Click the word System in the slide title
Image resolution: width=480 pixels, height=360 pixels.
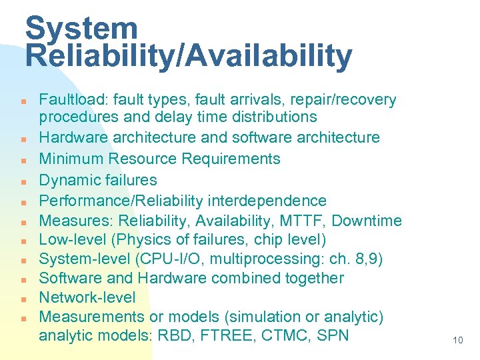click(81, 28)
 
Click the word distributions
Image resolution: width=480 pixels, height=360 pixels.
click(267, 117)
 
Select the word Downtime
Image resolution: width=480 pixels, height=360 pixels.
click(367, 221)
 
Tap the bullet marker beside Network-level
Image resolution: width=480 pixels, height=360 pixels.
click(23, 298)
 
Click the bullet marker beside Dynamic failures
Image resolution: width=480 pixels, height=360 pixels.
click(23, 181)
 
